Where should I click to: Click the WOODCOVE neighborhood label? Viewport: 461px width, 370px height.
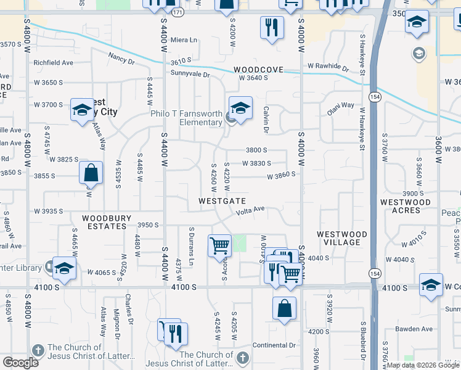coord(258,70)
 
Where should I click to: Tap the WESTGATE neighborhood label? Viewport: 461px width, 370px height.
coord(222,202)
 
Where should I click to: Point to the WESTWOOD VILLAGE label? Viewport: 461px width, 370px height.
coord(342,238)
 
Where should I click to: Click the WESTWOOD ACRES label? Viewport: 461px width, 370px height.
coord(405,207)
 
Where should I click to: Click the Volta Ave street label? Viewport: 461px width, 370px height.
coord(251,210)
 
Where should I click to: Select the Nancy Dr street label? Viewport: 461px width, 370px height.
coord(121,59)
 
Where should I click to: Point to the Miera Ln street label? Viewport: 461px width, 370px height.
coord(184,40)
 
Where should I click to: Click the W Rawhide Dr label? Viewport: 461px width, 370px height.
coord(328,66)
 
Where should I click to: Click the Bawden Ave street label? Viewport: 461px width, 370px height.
coord(412,329)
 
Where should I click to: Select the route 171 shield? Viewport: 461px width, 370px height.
coord(177,12)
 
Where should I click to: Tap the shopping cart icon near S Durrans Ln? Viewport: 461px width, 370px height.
coord(219,246)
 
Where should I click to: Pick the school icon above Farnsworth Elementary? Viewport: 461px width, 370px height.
coord(240,108)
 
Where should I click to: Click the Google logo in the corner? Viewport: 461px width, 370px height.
coord(20,363)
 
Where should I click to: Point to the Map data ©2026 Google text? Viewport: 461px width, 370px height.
coord(422,365)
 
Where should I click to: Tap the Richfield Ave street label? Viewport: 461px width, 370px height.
coord(53,63)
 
